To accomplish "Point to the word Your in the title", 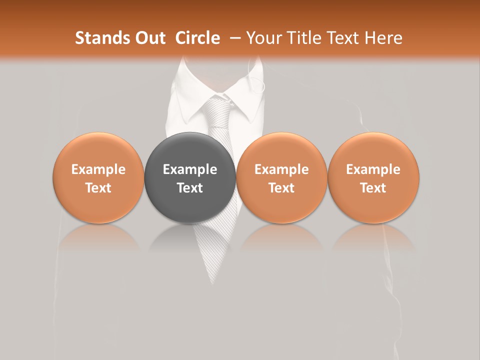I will pos(263,38).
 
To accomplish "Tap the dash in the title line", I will pos(236,38).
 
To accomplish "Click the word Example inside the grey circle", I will pos(190,169).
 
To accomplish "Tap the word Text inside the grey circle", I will pos(190,188).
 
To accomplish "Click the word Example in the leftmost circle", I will pos(98,169).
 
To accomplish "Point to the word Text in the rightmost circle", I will pos(373,188).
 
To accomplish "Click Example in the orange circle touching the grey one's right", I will pos(281,169).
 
